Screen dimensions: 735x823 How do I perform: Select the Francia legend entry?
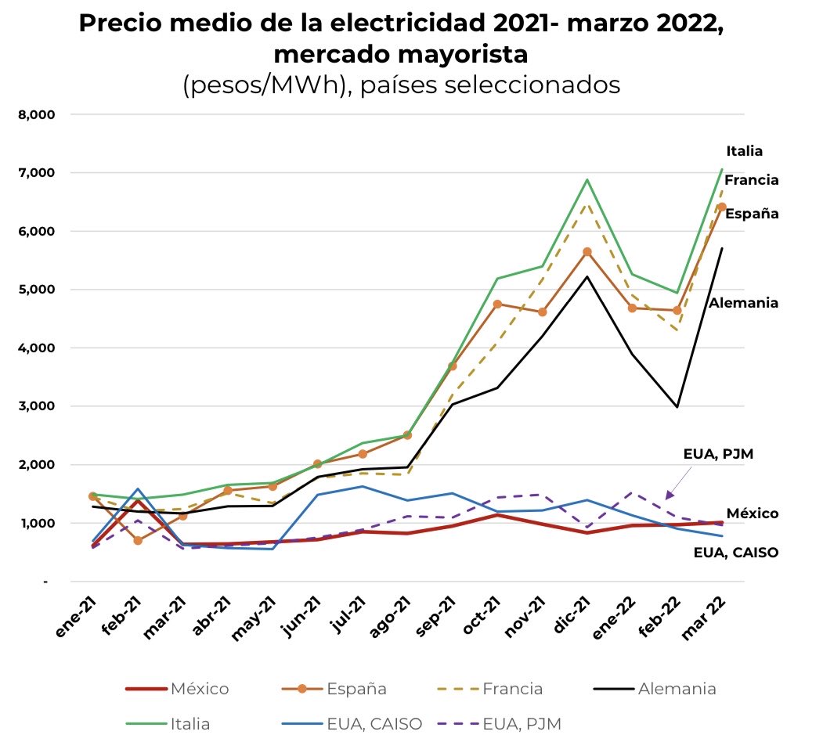(x=513, y=690)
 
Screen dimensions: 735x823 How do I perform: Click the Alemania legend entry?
(x=677, y=690)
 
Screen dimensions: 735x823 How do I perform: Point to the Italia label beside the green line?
(x=743, y=152)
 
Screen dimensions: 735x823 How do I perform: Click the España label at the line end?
(x=751, y=214)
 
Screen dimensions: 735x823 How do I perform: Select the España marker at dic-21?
(x=587, y=252)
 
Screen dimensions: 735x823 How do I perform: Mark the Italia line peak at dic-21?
(x=587, y=180)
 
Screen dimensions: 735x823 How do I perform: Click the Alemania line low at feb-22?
(x=677, y=407)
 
